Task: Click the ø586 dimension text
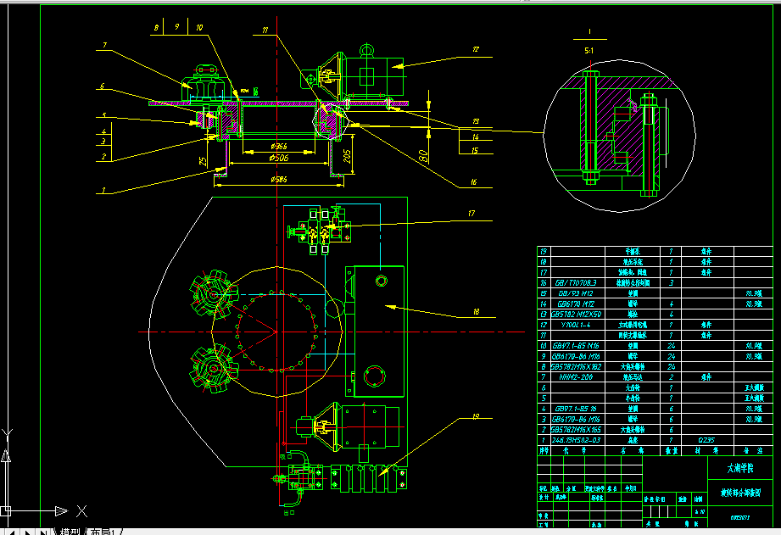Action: (x=280, y=180)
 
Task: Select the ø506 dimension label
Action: (x=280, y=157)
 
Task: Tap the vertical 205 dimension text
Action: (x=347, y=156)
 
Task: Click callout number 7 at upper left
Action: (x=103, y=44)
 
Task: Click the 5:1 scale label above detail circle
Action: (x=589, y=51)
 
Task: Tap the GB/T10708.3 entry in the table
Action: (x=576, y=282)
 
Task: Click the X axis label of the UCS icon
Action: (x=81, y=510)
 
